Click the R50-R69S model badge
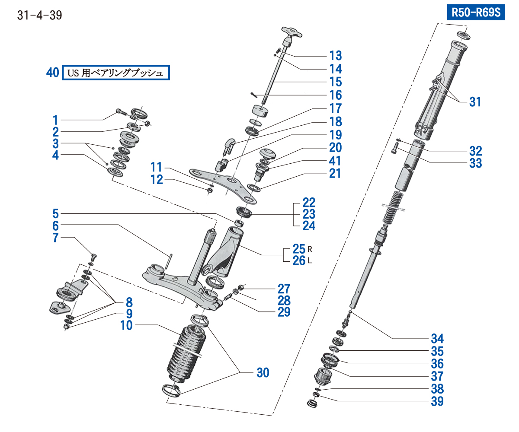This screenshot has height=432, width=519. (x=476, y=13)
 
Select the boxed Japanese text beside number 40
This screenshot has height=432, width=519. (x=115, y=73)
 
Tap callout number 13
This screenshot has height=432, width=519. (x=335, y=55)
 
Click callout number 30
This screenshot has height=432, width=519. (x=263, y=372)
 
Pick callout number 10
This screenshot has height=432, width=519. (x=126, y=326)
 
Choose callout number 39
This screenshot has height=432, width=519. (x=437, y=401)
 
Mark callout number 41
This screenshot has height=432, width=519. (x=335, y=161)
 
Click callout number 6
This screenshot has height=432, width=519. (x=55, y=226)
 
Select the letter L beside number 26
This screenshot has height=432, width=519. (x=310, y=261)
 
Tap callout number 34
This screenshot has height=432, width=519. (x=437, y=338)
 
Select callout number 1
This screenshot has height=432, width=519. (x=55, y=119)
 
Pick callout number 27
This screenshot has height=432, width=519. (x=284, y=288)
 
